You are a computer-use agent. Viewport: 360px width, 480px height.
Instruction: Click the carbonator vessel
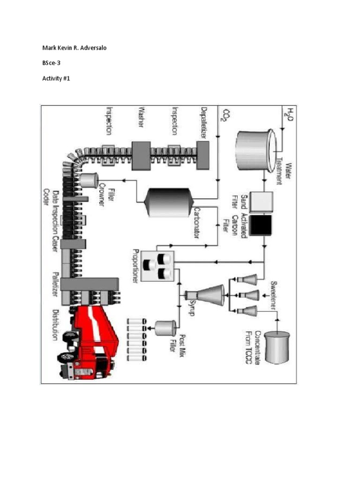point(169,202)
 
